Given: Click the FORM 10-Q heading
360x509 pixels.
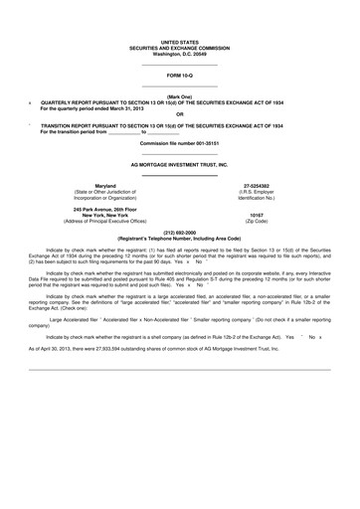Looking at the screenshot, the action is (180, 76).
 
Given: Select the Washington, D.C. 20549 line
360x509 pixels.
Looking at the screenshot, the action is (180, 54).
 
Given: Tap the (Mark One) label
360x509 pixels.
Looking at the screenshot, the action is (180, 96).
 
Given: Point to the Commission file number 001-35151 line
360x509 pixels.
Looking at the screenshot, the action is (180, 144).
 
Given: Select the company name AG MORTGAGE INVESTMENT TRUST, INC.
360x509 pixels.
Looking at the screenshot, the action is (180, 164).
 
